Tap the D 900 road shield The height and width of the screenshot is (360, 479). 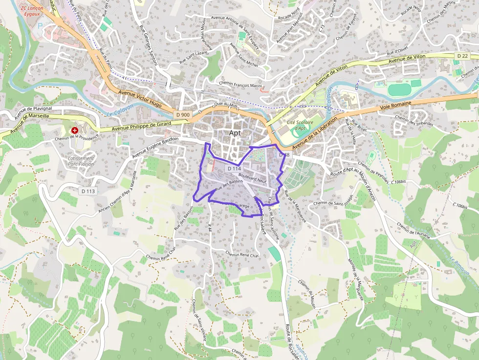pos(182,115)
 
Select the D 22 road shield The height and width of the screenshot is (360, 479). pos(462,56)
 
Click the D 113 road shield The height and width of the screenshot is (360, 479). pos(87,191)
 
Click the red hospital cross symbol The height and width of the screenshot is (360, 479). pos(75,131)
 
